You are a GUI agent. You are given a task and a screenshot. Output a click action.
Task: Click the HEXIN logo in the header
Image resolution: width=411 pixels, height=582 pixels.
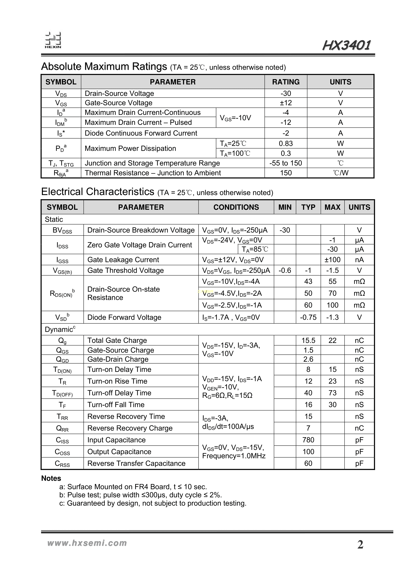[x=53, y=40]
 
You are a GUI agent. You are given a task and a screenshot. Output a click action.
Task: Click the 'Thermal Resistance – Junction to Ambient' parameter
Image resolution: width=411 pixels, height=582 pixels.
[x=153, y=173]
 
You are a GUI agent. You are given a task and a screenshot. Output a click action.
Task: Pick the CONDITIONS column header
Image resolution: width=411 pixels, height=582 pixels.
[x=236, y=207]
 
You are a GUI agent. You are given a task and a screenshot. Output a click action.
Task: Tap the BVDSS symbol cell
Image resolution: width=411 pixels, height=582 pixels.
[x=62, y=230]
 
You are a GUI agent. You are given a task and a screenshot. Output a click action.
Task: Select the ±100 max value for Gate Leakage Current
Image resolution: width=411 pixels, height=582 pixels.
[x=332, y=260]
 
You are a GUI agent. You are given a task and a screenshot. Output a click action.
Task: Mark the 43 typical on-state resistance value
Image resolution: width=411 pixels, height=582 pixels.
[x=308, y=281]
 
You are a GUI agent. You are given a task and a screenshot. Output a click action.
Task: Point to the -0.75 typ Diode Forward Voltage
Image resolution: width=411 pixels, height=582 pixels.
[x=308, y=317]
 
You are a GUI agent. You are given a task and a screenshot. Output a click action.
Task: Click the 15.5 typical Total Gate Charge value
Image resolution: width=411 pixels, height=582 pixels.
[x=308, y=341]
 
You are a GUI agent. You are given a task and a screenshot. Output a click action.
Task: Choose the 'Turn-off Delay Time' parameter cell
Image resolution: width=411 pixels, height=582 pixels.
[x=119, y=393]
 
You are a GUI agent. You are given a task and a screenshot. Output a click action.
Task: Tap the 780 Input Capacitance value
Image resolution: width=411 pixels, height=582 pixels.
[x=308, y=440]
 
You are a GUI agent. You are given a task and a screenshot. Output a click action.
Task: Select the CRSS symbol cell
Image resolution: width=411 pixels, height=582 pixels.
[x=62, y=463]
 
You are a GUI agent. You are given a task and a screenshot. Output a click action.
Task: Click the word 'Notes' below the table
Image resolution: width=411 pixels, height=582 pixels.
[x=51, y=478]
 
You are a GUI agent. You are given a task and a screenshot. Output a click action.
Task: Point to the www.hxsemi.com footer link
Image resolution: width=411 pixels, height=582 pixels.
[x=87, y=543]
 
